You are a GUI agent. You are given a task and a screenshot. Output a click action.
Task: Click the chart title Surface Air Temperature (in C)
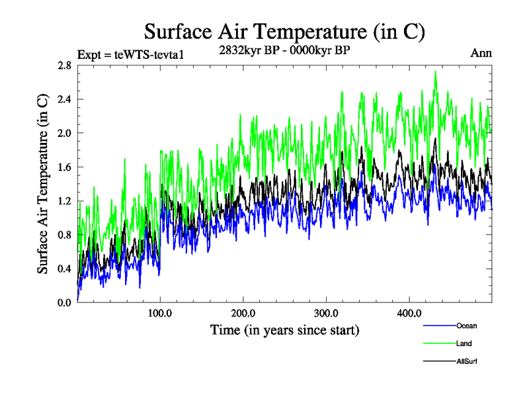(284, 31)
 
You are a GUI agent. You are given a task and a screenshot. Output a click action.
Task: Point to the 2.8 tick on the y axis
(64, 66)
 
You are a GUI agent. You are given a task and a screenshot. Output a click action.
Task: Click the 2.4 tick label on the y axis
(64, 99)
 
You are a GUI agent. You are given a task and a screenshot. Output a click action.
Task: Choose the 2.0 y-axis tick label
(64, 133)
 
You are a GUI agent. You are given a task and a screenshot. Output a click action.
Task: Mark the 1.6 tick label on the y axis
(64, 167)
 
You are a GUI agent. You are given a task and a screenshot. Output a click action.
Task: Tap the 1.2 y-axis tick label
(64, 200)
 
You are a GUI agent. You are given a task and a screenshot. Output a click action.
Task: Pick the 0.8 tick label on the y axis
(64, 234)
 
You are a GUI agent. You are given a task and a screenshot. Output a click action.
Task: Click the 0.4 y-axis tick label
(64, 268)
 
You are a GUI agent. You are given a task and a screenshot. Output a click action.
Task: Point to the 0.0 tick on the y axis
(64, 302)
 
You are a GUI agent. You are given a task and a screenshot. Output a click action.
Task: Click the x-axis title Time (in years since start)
(284, 329)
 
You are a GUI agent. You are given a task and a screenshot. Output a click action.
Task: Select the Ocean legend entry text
(466, 326)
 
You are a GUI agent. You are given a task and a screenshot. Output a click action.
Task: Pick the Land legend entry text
(465, 343)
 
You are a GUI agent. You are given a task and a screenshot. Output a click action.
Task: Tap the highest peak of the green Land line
(436, 71)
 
